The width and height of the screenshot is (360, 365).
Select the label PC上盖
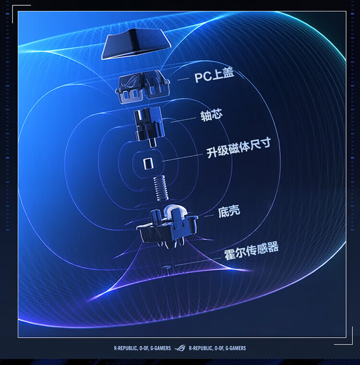(x=214, y=77)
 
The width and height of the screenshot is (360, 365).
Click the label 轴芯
(x=211, y=116)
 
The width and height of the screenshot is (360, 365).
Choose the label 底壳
(x=229, y=211)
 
